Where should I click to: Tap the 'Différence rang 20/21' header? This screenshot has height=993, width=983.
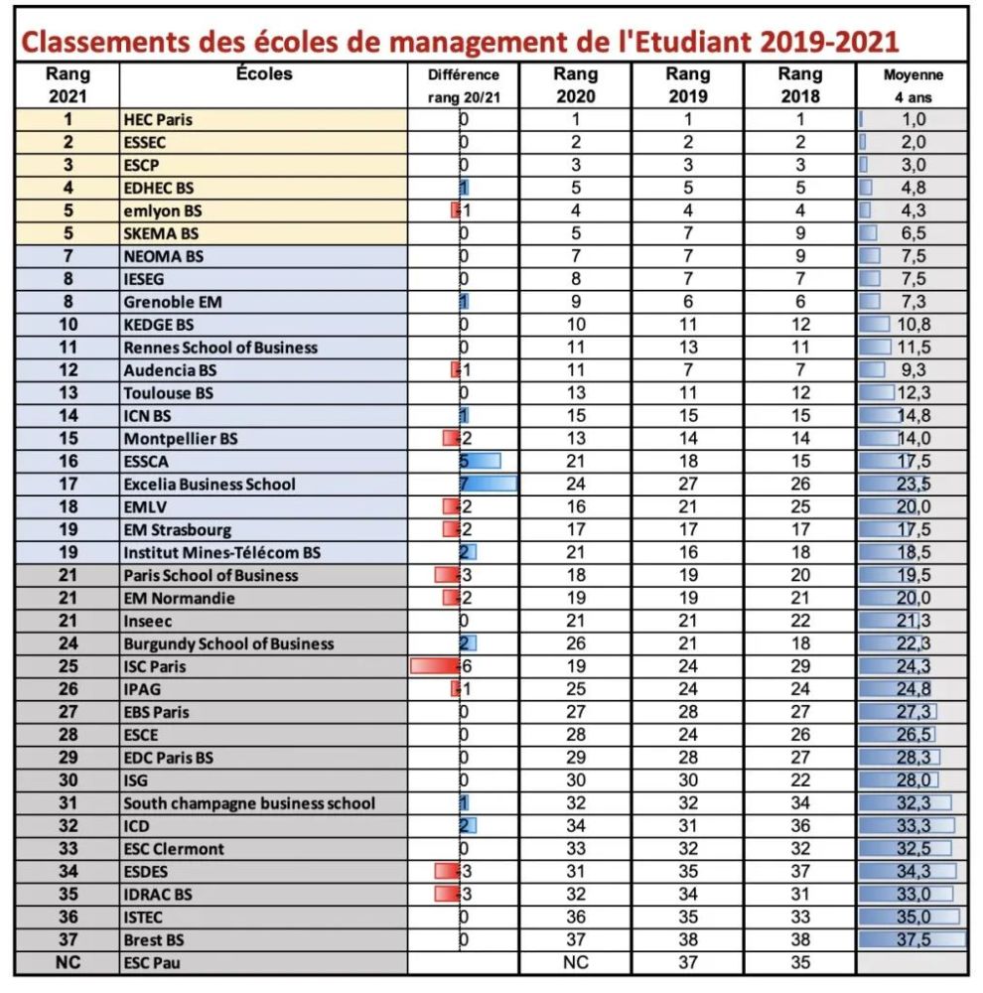tap(463, 85)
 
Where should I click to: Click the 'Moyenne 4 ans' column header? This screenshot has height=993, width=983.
tap(913, 85)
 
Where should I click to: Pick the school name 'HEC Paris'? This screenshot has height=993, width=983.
tap(158, 119)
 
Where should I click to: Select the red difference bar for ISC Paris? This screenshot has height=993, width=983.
tap(435, 666)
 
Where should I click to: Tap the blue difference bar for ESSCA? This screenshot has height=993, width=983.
tap(482, 461)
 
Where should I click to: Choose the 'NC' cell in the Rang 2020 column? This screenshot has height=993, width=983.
tap(576, 962)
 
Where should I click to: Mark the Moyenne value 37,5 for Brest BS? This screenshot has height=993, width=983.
tap(913, 939)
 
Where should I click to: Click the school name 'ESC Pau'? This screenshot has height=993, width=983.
tap(152, 962)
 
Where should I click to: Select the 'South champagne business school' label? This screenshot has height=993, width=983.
tap(249, 803)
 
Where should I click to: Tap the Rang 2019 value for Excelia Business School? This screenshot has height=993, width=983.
tap(687, 485)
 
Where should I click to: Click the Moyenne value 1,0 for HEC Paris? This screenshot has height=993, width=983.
tap(913, 119)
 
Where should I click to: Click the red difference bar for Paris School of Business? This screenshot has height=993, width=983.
tap(447, 575)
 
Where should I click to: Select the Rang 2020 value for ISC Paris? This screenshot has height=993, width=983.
tap(576, 666)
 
